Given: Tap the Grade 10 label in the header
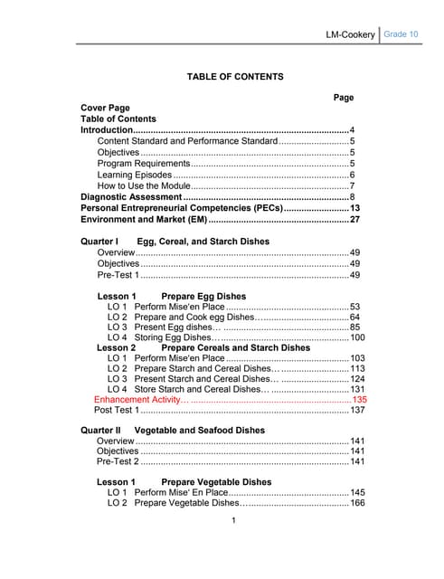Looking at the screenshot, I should (401, 33).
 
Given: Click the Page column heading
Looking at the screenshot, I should (344, 97).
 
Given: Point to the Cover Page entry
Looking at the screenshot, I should (106, 108).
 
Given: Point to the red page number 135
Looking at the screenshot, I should (359, 399).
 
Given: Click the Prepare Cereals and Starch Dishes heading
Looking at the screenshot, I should (235, 347).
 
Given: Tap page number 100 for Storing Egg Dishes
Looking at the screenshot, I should (357, 337).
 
